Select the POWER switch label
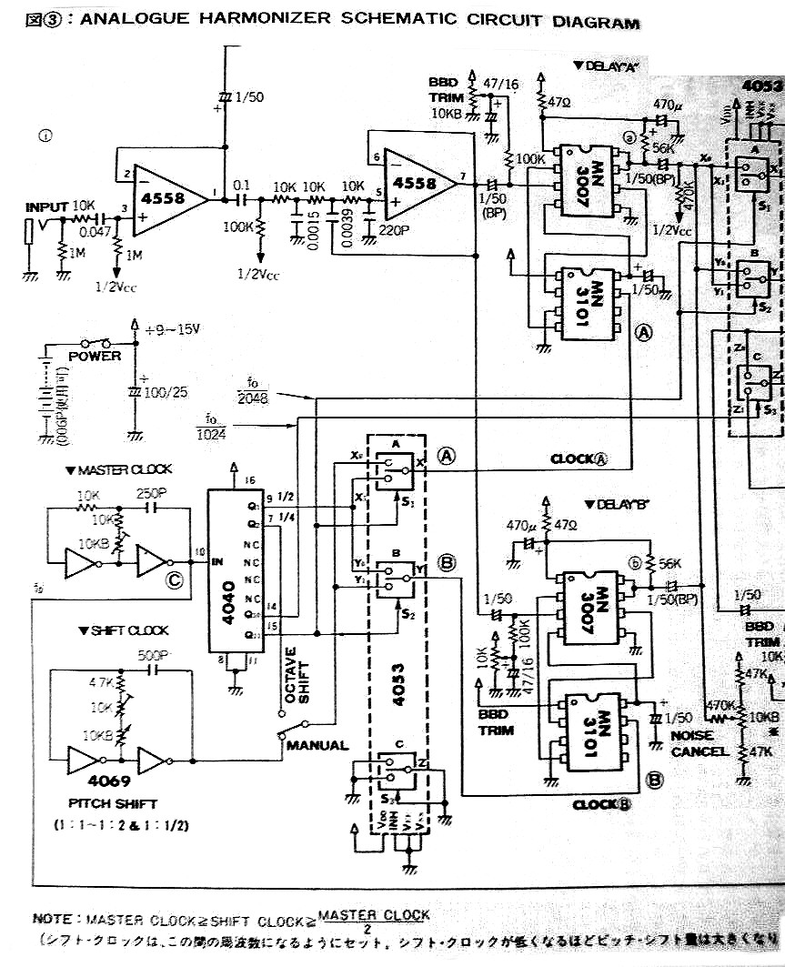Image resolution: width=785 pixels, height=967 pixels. (x=94, y=357)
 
